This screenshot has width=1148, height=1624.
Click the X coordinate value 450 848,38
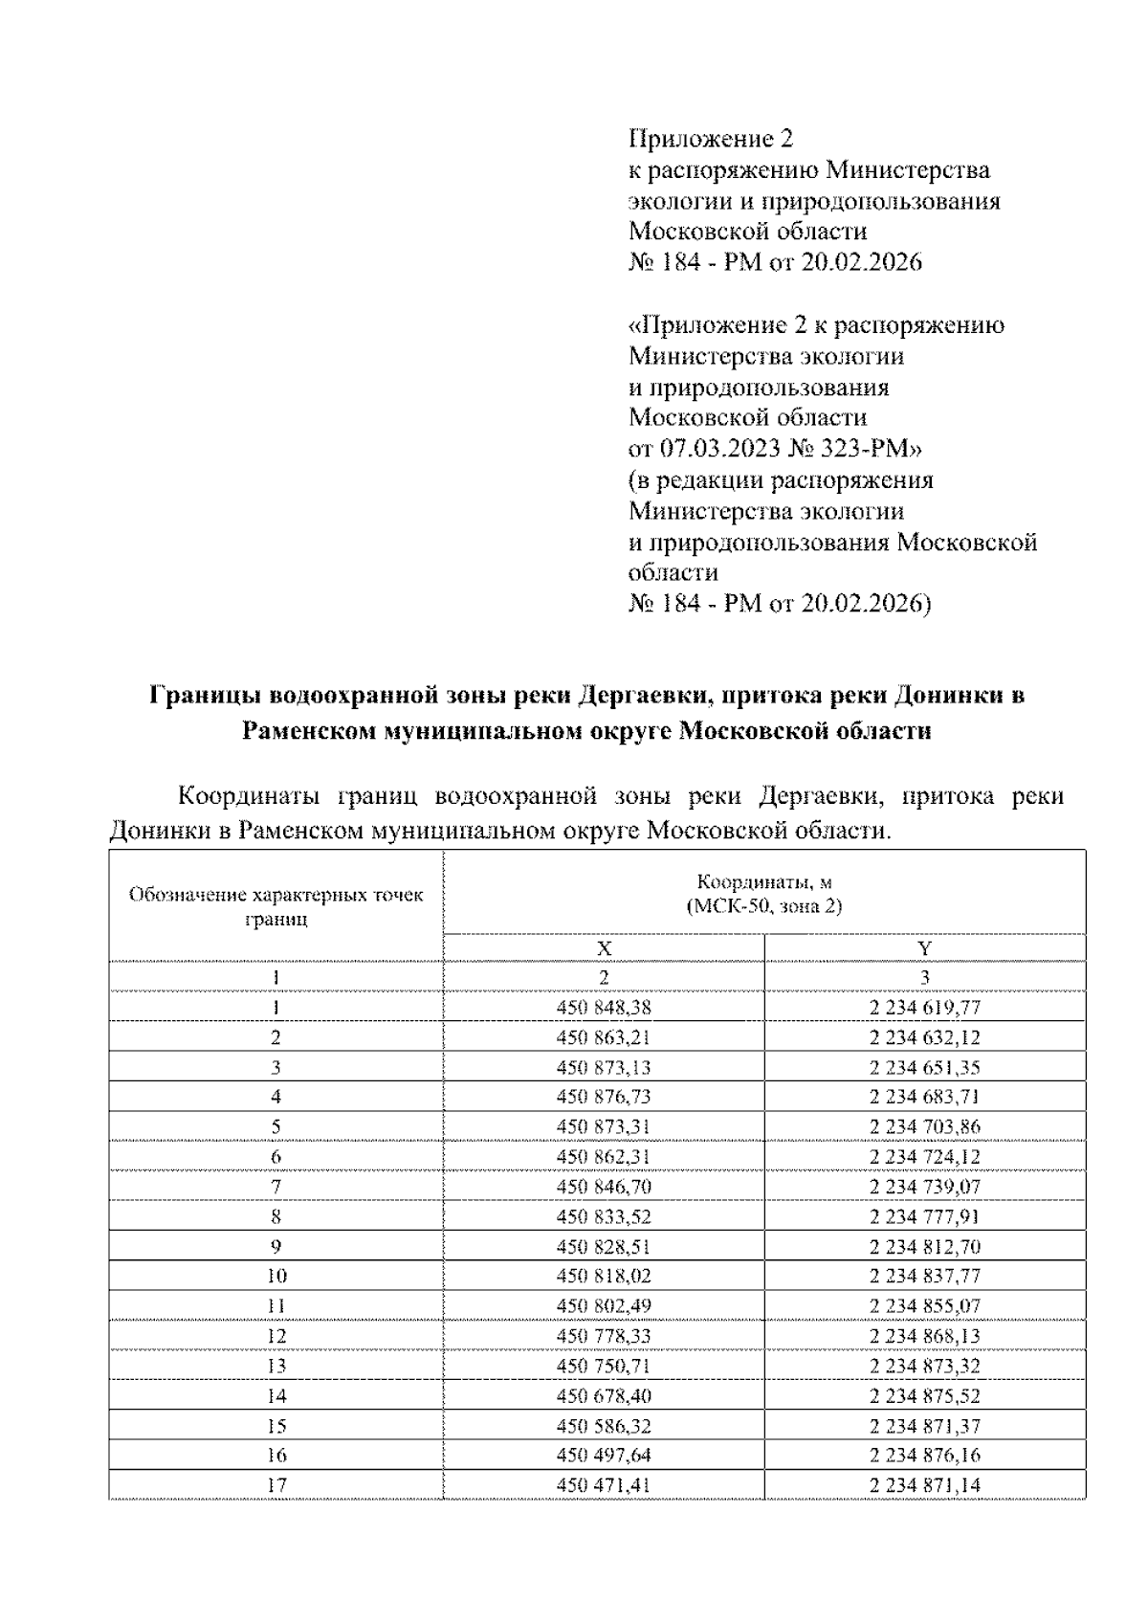[604, 1007]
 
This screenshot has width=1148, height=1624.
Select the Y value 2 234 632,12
[924, 1037]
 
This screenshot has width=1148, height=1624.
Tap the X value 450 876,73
[604, 1097]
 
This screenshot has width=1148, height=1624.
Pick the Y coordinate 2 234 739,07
[924, 1187]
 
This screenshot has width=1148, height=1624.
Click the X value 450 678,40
[604, 1395]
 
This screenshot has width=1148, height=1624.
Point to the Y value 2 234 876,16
[924, 1456]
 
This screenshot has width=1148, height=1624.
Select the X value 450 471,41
[604, 1485]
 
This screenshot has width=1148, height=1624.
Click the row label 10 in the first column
[276, 1276]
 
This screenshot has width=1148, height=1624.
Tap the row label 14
[276, 1395]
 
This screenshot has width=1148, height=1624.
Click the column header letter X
[604, 948]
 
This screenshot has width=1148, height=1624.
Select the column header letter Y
[924, 948]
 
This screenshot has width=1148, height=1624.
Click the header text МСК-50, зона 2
[764, 906]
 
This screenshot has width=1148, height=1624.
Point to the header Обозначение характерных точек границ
[276, 906]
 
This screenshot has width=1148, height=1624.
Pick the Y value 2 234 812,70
[924, 1246]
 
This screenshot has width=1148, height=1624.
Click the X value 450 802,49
[604, 1306]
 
